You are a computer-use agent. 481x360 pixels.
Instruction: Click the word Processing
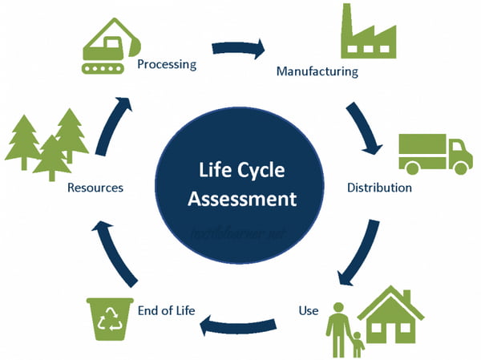point(167,64)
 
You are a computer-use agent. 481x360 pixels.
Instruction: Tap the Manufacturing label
point(317,71)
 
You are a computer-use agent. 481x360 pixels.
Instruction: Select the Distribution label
point(379,188)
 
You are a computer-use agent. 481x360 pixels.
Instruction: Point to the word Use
point(309,309)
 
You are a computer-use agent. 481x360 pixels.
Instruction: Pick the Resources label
point(95,188)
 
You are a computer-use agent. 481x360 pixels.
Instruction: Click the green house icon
point(390,314)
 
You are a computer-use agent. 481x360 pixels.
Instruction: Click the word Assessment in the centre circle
point(241,196)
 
